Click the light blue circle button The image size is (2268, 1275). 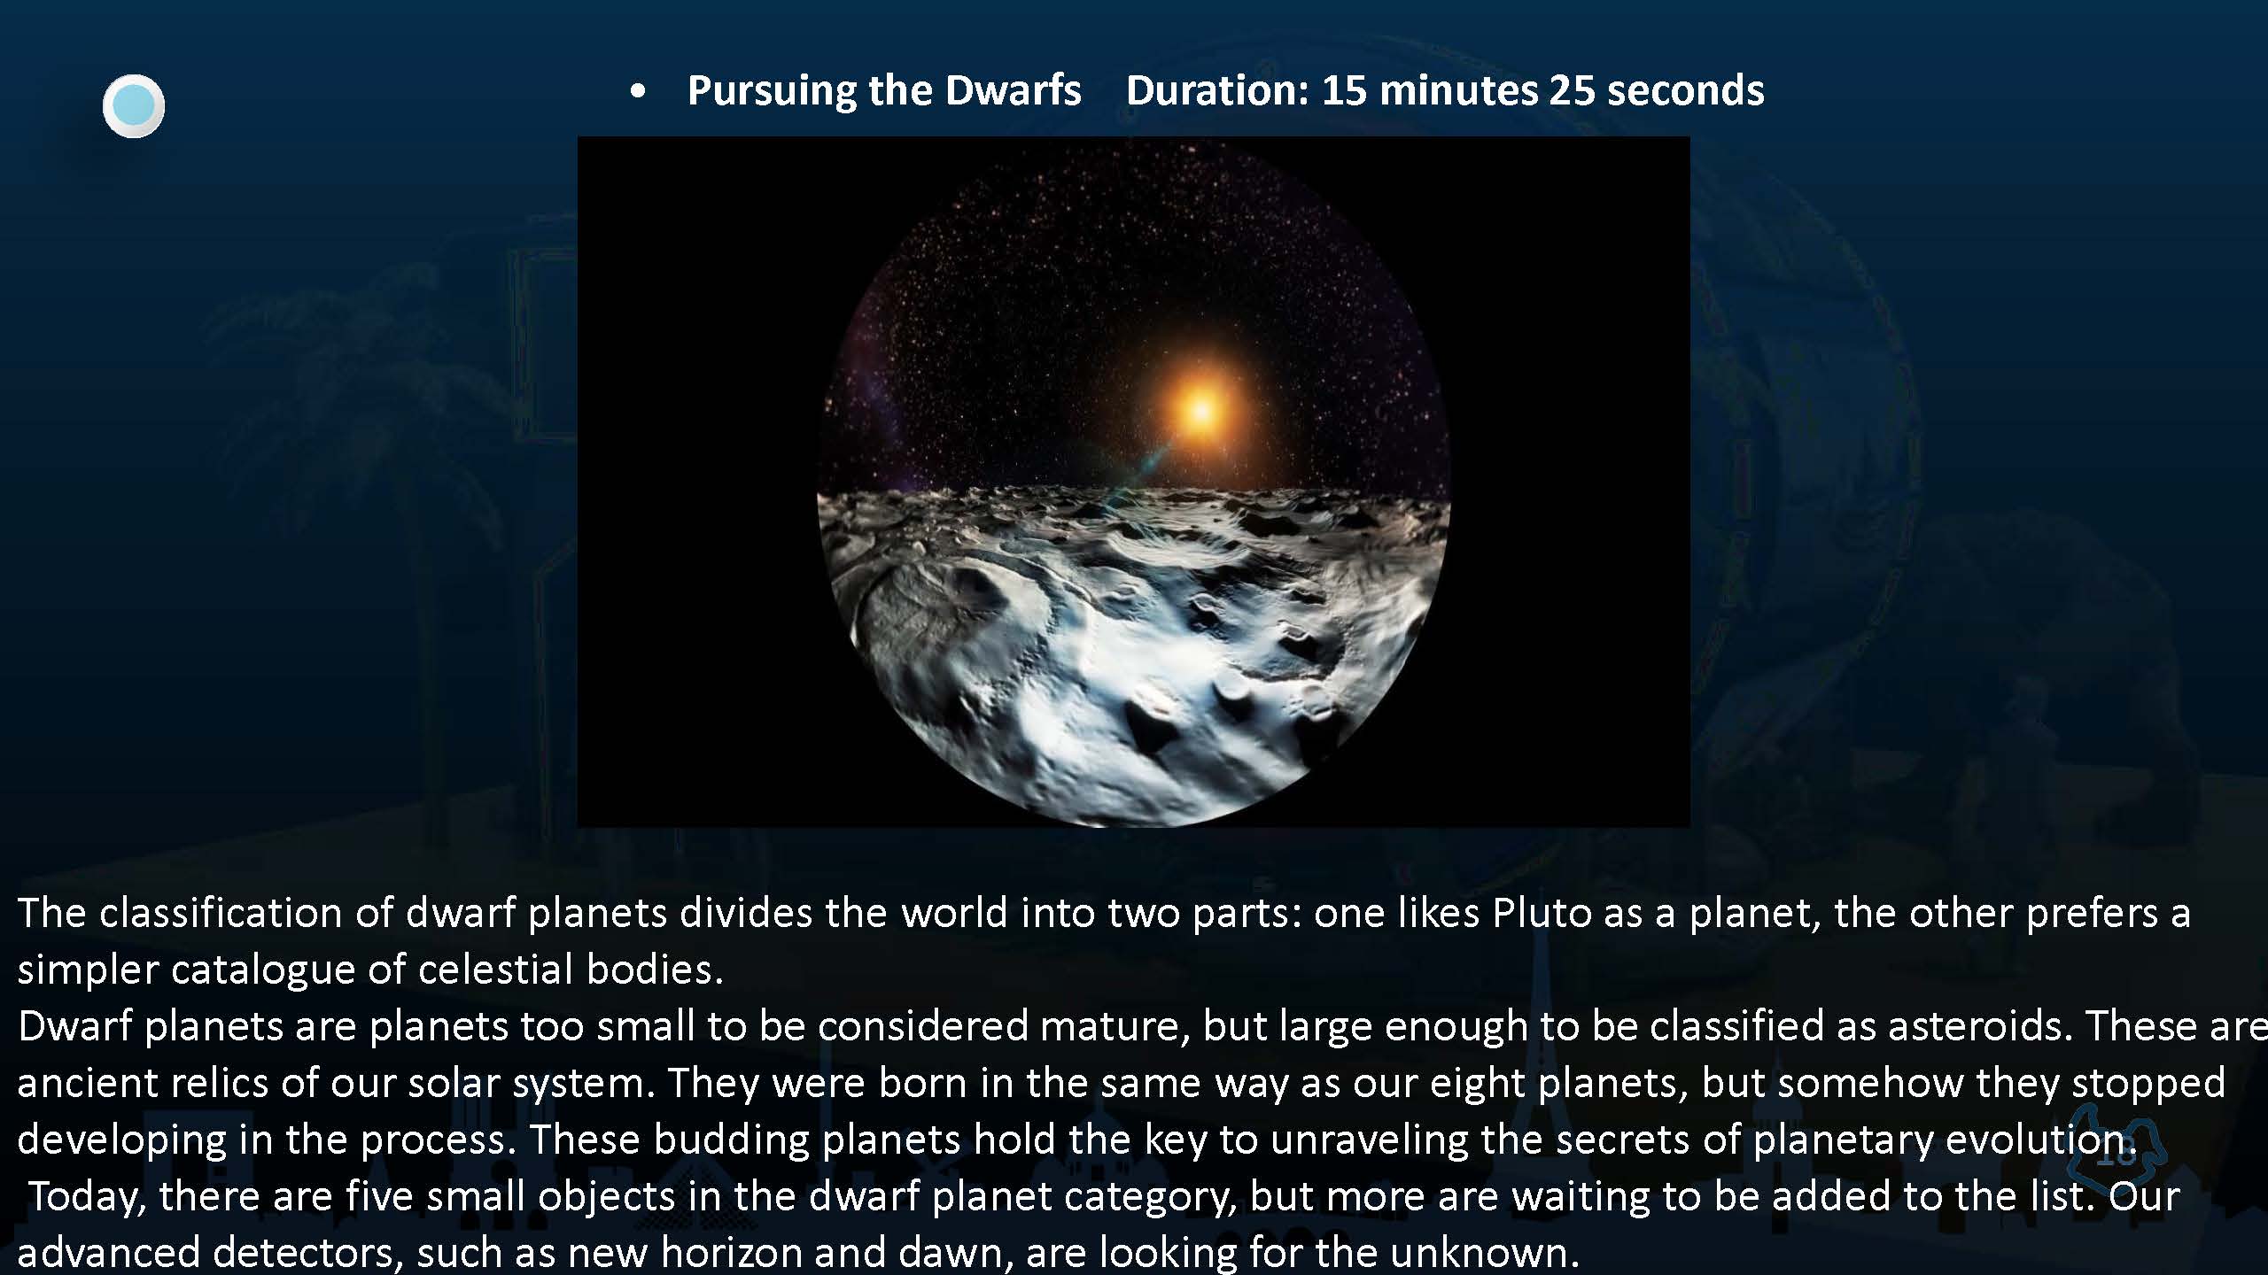tap(134, 106)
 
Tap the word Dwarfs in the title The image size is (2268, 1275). tap(1014, 90)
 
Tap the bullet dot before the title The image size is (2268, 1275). tap(638, 92)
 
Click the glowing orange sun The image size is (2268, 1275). tap(1200, 411)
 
